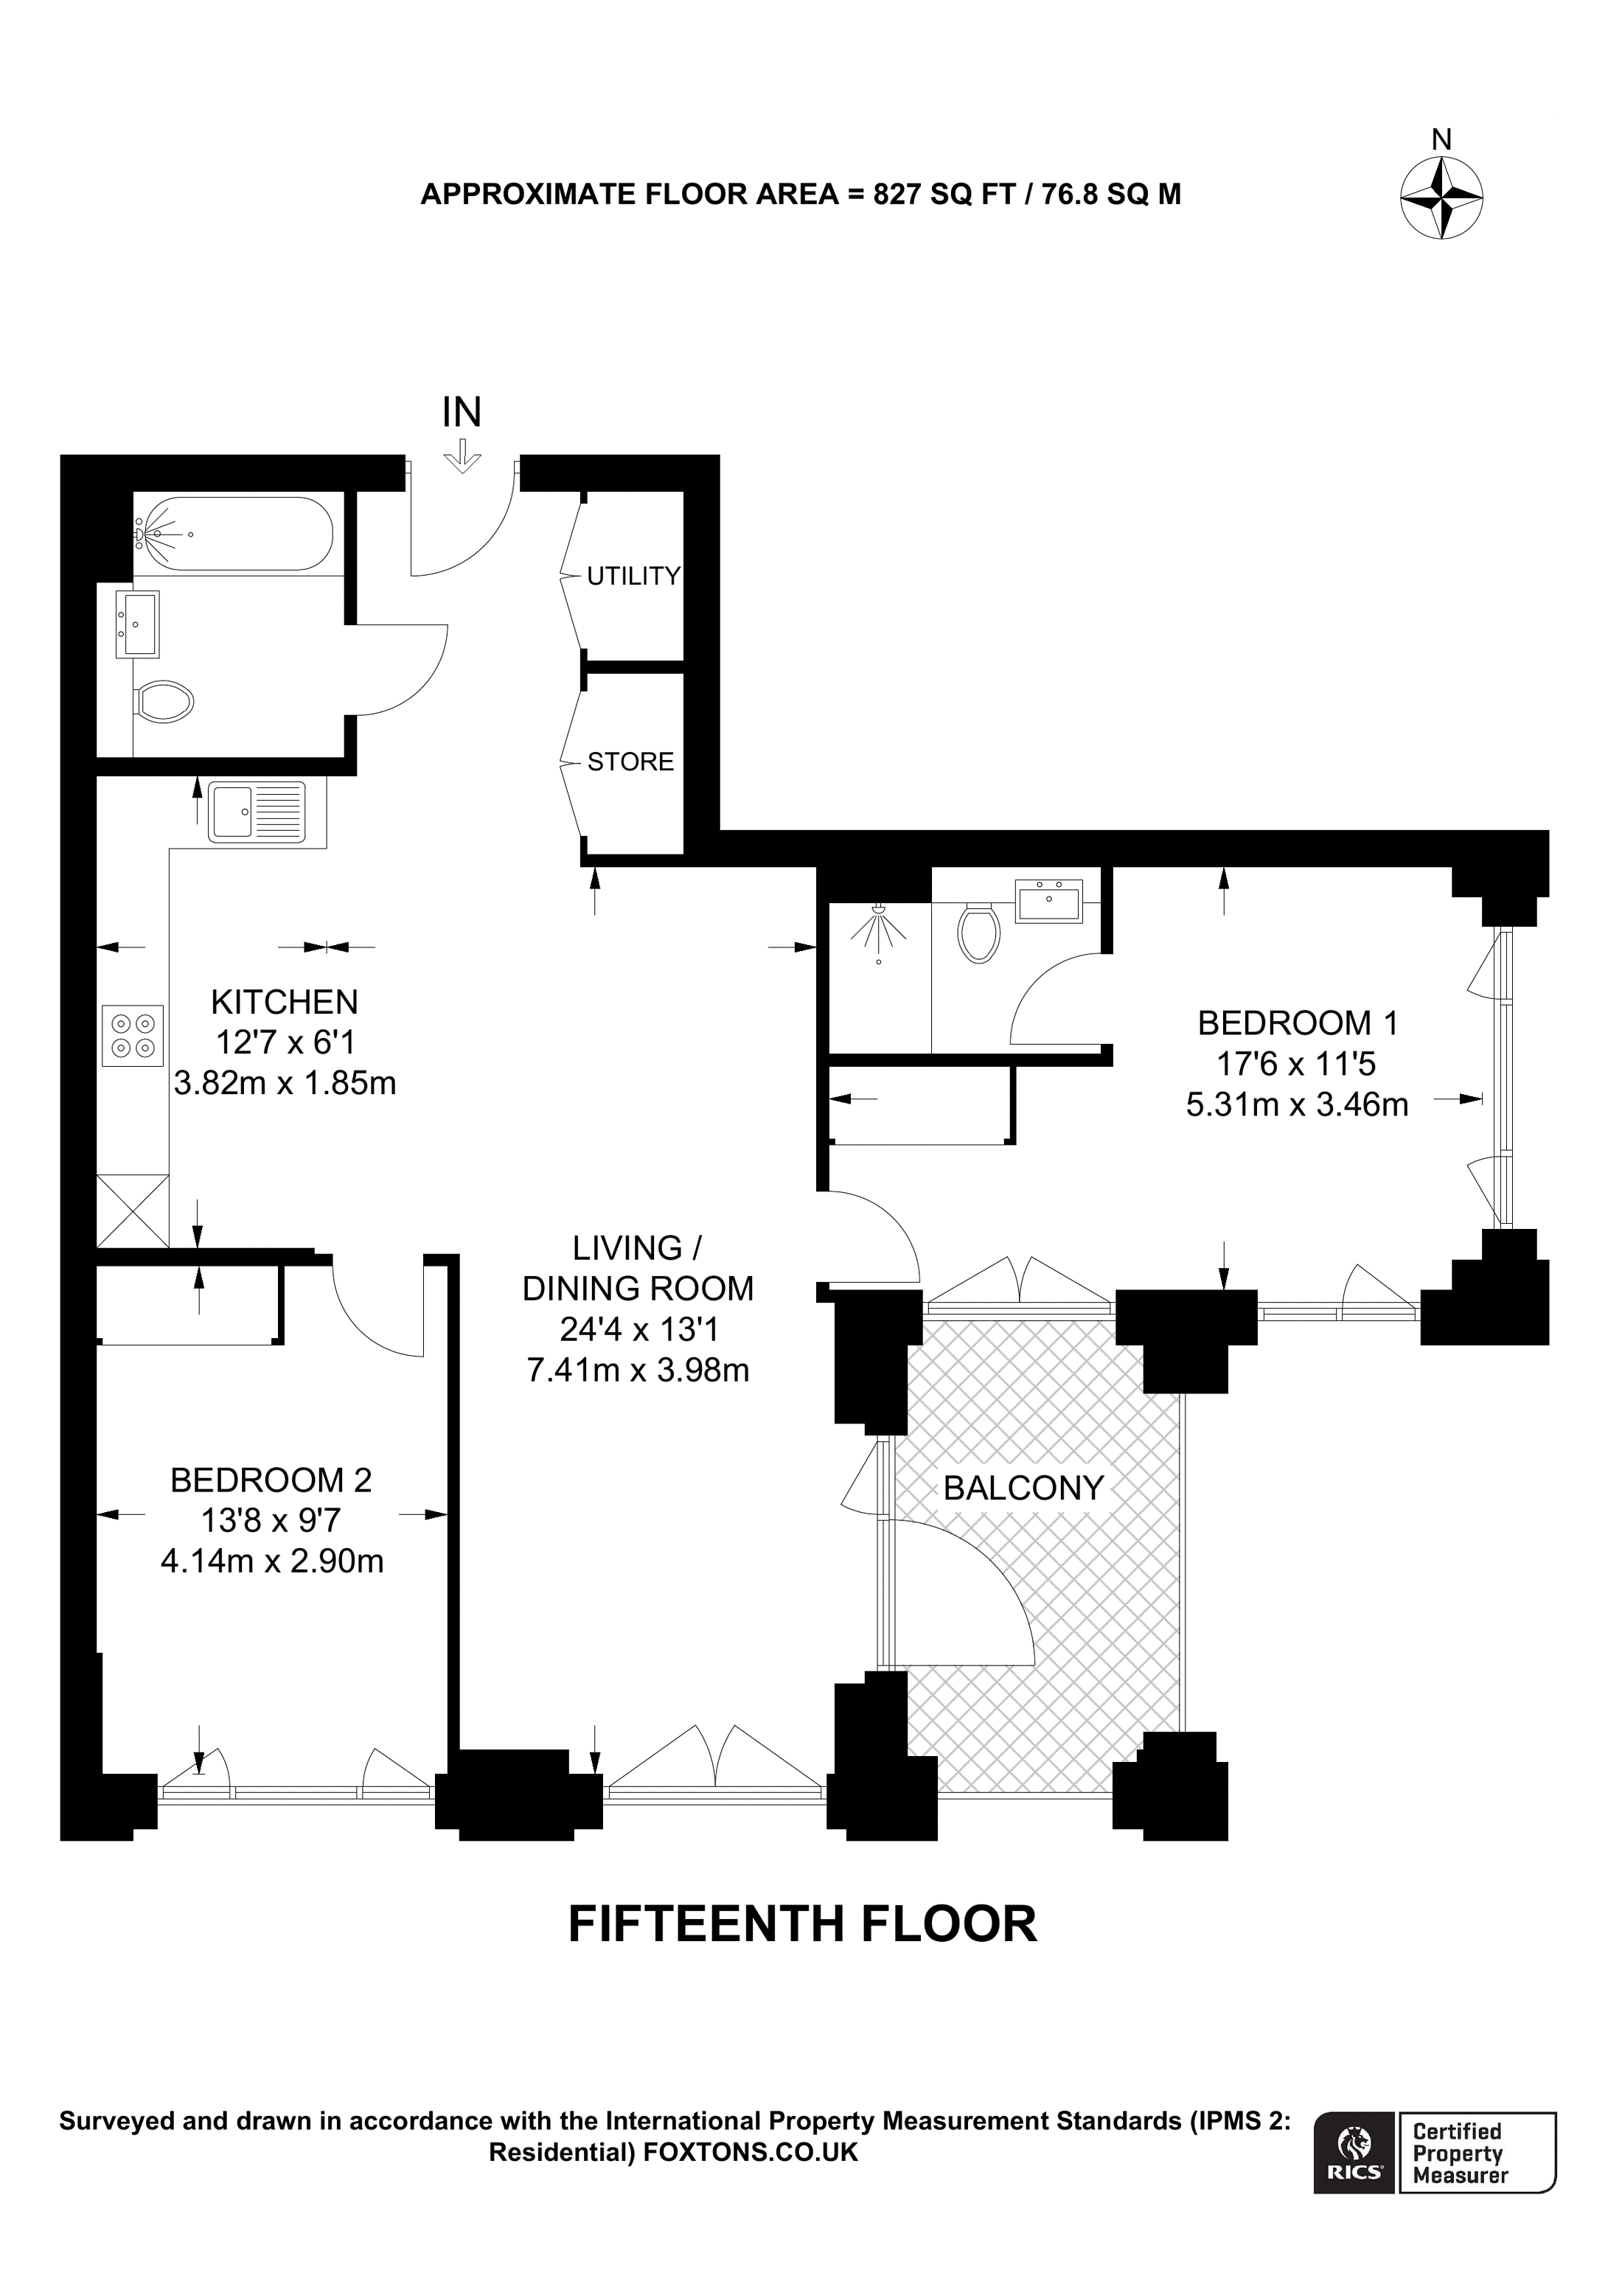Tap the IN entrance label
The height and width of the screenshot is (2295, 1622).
(462, 413)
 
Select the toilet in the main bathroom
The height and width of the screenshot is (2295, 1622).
(165, 703)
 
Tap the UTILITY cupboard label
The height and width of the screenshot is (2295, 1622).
(633, 576)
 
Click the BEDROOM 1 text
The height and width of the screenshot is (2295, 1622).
(1297, 1023)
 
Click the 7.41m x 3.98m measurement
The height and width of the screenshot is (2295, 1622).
(638, 1369)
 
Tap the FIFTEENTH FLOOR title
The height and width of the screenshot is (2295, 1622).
(802, 1924)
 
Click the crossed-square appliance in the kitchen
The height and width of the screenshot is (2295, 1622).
(133, 1211)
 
